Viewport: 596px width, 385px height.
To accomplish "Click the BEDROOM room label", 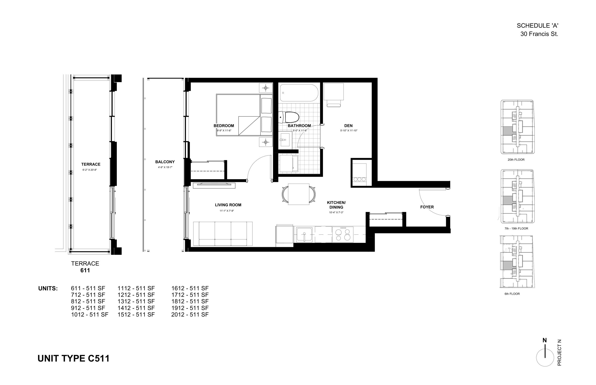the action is [223, 126].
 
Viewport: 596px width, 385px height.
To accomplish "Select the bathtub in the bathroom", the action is [299, 93].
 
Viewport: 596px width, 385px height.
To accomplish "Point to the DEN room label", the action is [348, 126].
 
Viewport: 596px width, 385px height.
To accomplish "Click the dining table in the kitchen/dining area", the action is [299, 194].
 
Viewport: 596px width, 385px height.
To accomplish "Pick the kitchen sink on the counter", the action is [304, 235].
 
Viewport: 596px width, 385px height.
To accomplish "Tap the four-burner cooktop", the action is [343, 235].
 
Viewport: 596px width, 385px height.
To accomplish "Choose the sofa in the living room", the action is [223, 234].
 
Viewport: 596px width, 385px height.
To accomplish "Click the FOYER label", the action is [427, 207].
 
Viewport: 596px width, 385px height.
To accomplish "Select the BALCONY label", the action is [165, 162].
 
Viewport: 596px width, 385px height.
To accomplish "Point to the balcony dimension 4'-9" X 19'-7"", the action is [165, 167].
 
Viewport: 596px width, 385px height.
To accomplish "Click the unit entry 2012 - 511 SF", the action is [190, 315].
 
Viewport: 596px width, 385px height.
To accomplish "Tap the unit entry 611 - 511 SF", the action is [88, 288].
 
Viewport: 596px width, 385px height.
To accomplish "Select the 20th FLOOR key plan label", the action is [516, 159].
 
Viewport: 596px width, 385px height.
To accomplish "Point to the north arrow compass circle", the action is [545, 358].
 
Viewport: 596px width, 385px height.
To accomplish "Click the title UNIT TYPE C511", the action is [73, 358].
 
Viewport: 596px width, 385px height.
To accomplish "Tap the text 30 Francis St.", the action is [539, 34].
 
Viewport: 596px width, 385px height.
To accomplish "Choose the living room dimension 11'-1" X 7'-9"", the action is [227, 211].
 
